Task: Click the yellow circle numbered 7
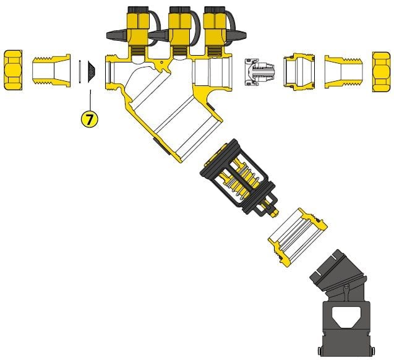click(x=89, y=119)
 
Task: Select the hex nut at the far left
click(x=14, y=70)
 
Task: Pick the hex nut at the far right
click(x=382, y=72)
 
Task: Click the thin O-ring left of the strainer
click(x=80, y=71)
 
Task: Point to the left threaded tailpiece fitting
click(x=51, y=71)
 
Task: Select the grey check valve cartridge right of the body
click(x=259, y=72)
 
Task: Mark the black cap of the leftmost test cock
click(x=136, y=10)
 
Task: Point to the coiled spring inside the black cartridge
click(x=246, y=180)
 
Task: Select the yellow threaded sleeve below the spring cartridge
click(x=298, y=237)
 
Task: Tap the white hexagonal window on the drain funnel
click(x=346, y=317)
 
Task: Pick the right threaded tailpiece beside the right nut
click(x=344, y=72)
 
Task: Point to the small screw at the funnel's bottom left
click(x=320, y=349)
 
